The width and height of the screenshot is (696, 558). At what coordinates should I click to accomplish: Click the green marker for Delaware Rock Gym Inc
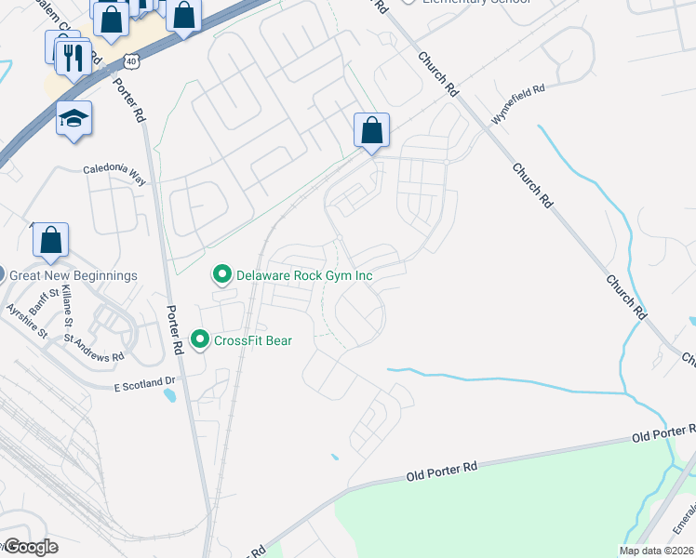click(221, 275)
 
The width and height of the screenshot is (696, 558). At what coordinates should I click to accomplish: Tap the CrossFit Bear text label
click(253, 340)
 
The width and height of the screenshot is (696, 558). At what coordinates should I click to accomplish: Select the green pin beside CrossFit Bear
click(199, 340)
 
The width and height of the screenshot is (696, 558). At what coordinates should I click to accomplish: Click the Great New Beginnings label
click(74, 275)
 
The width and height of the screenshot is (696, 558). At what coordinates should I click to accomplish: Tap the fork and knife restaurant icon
click(74, 58)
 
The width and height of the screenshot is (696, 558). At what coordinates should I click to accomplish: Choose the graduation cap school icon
click(74, 119)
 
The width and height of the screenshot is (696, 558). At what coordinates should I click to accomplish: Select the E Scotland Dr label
click(144, 382)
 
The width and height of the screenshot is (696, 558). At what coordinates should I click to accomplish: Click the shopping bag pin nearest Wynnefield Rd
click(371, 131)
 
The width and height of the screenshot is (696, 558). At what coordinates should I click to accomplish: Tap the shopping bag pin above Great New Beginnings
click(51, 240)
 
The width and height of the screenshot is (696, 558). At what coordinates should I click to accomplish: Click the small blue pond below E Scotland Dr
click(169, 395)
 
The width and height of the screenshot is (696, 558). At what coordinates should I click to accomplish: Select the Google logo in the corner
click(31, 547)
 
